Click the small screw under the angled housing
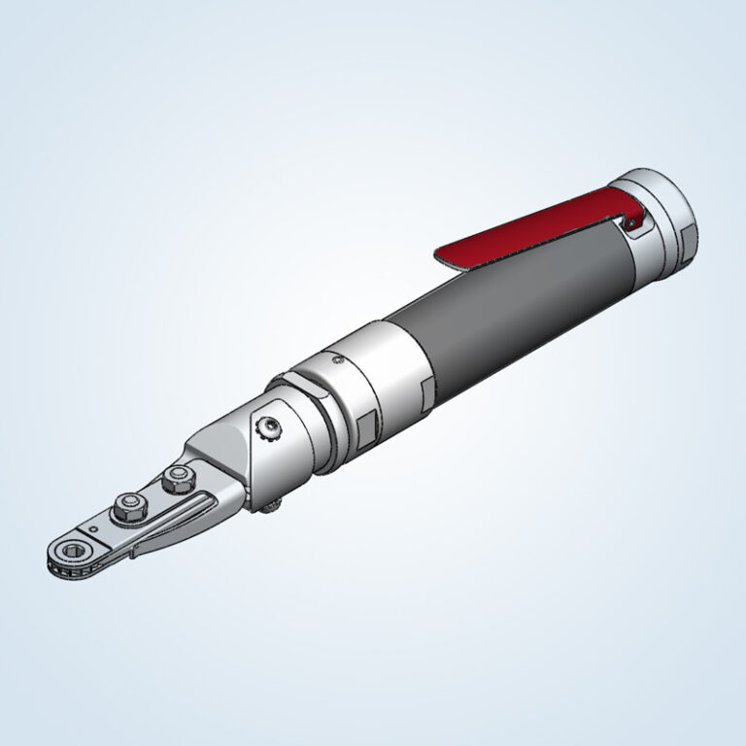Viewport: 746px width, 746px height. pyautogui.click(x=275, y=502)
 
